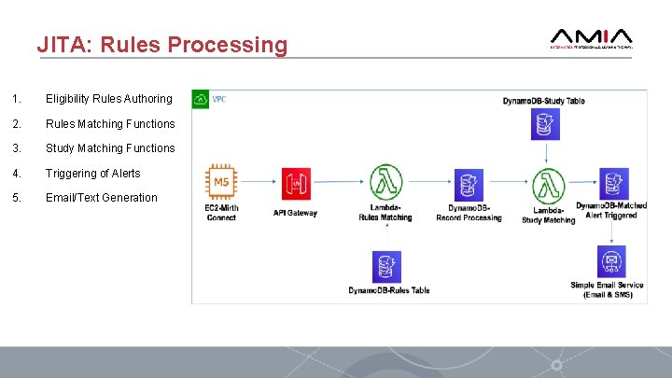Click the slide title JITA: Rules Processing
tap(162, 45)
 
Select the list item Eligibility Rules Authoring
tap(108, 99)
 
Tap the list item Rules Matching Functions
tap(110, 123)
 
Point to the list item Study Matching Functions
tap(110, 147)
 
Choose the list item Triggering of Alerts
tap(93, 173)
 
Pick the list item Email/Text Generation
tap(102, 197)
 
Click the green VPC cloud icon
tap(201, 99)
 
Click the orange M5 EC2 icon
tap(222, 183)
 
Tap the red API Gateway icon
tap(295, 184)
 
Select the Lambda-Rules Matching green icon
tap(384, 182)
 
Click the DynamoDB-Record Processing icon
tap(468, 184)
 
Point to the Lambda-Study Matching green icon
tap(546, 183)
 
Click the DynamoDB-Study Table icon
tap(543, 122)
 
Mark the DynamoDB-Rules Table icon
tap(385, 266)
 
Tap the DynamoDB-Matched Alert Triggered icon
tap(612, 183)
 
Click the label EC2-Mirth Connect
tap(222, 214)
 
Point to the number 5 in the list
tap(15, 197)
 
